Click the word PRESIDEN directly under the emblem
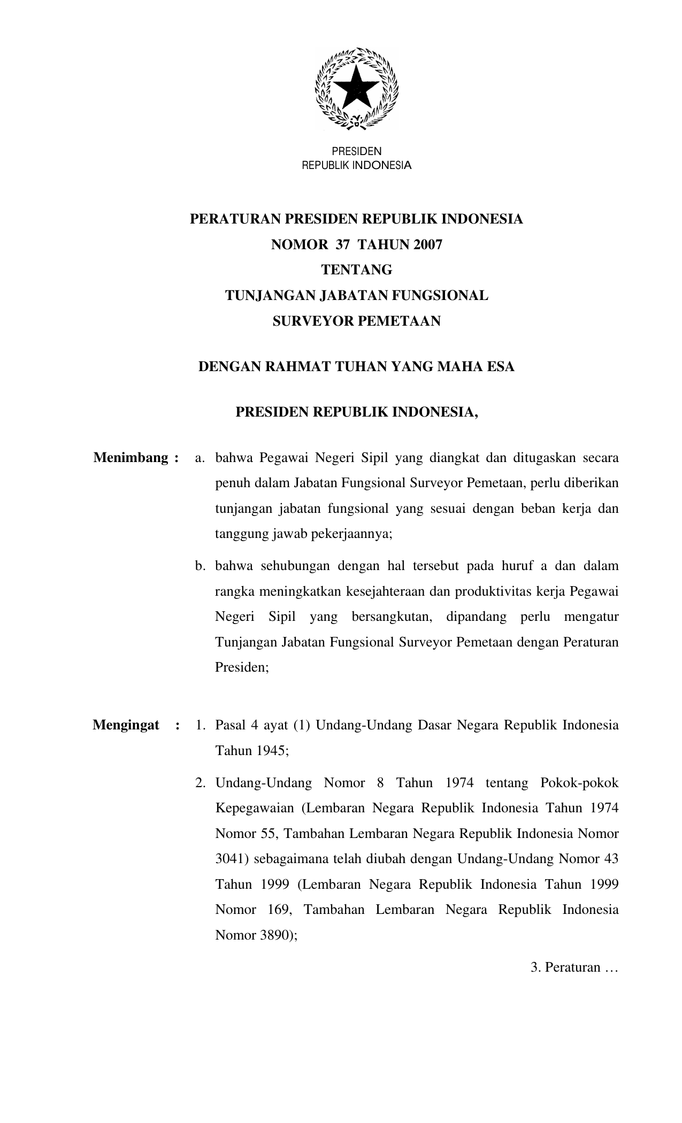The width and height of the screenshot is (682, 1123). point(356,152)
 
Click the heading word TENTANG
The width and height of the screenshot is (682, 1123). point(356,270)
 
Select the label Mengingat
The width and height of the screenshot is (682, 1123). point(126,725)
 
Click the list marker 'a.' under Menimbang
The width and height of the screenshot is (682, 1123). point(200,458)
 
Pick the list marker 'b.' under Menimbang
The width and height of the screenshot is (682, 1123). point(201,566)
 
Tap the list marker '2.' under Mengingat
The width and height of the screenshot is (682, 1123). point(200,783)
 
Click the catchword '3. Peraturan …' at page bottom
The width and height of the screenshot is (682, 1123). point(574,967)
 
